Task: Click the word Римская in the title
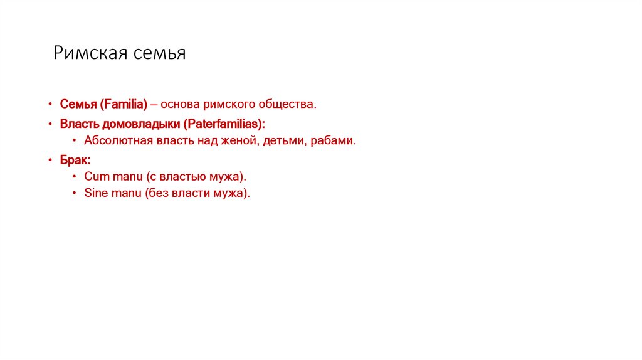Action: [90, 53]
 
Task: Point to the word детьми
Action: [283, 141]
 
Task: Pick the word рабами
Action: [334, 141]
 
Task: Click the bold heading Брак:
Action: [75, 161]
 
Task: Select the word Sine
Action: [96, 193]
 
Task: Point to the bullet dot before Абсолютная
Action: [75, 142]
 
